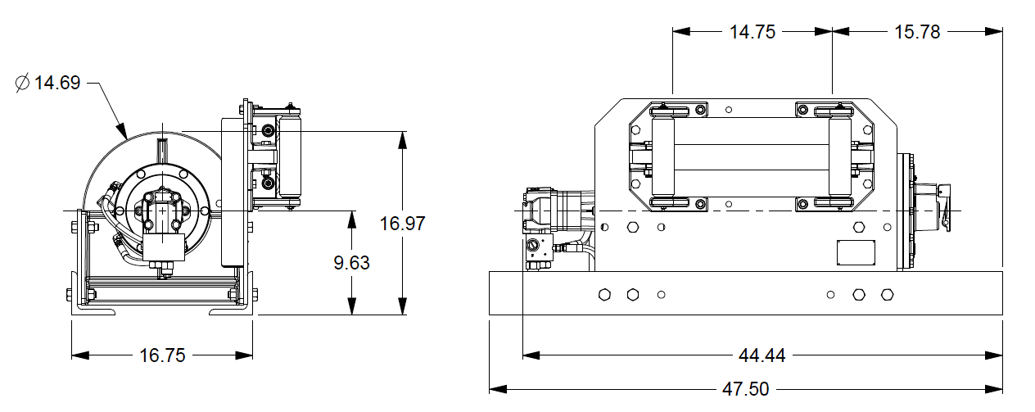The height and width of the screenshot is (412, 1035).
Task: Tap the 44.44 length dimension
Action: coord(762,355)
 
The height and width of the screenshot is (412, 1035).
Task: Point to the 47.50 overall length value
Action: coord(746,389)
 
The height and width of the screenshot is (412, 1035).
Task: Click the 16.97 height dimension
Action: coord(402,223)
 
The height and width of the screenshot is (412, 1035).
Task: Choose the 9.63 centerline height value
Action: coord(351,263)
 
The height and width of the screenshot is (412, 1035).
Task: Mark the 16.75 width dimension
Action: coord(162,355)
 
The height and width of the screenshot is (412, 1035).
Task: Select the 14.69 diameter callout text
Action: coord(56,83)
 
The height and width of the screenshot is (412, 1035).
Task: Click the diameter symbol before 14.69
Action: coord(22,83)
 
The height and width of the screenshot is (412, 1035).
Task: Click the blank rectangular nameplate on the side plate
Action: coord(856,253)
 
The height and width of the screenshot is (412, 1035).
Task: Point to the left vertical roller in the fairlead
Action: coord(661,156)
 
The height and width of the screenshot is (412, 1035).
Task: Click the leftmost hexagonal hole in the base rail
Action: coord(605,294)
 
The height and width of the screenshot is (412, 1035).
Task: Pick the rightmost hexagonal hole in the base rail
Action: coord(886,294)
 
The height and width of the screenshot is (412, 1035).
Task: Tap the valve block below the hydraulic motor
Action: coord(540,250)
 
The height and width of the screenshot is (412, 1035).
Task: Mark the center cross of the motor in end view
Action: coord(164,211)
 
